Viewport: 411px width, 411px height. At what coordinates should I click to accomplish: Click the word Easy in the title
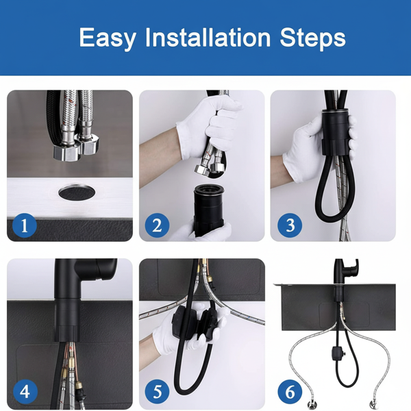tap(108, 38)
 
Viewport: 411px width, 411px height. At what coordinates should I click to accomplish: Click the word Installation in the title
tap(208, 38)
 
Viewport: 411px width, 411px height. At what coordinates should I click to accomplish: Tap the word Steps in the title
tap(313, 38)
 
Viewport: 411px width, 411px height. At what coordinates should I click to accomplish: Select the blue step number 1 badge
tap(25, 225)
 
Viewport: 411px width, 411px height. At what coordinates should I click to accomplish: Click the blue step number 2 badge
tap(157, 225)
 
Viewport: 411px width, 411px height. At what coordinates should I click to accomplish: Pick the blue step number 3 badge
tap(290, 225)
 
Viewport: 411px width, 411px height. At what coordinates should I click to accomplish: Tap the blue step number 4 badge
tap(25, 392)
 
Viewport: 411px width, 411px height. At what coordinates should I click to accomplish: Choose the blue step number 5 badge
tap(157, 392)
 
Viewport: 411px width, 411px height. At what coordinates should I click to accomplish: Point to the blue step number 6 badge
tap(290, 392)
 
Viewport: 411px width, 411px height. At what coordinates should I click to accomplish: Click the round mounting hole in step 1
tap(77, 192)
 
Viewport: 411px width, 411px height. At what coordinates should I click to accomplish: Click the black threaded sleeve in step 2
tap(209, 210)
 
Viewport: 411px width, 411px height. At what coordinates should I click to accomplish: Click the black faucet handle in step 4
tap(97, 269)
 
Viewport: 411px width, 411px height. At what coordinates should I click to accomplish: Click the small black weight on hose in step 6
tap(336, 353)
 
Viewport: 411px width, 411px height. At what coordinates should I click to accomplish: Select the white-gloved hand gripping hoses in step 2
tap(210, 126)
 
